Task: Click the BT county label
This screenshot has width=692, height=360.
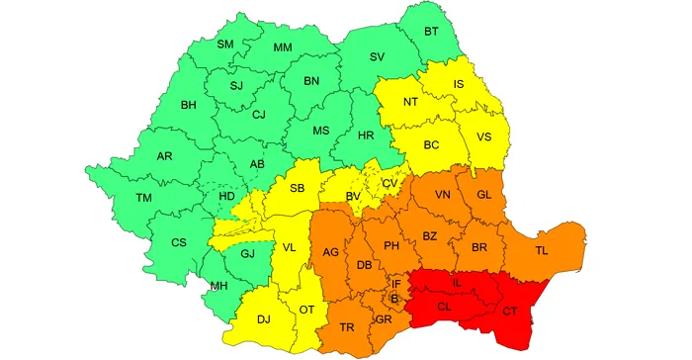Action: pos(431,33)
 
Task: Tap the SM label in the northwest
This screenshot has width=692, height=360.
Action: pos(225,45)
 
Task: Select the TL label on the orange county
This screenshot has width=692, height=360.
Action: pos(541,251)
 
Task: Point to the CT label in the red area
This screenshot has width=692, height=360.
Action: pos(510,313)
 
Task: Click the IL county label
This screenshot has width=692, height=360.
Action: pos(456,283)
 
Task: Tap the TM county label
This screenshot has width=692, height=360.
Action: pos(144,198)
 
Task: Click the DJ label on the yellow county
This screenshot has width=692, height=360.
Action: pos(263,318)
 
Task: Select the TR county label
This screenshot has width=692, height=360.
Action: pos(348,327)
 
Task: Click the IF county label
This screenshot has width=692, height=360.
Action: pos(396,283)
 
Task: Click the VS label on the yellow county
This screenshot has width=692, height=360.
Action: pos(484,136)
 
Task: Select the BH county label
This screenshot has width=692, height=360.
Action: pos(189,105)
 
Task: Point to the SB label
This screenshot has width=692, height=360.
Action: pos(298,189)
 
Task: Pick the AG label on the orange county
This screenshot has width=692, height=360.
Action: pos(330,253)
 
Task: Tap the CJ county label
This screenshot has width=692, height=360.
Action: pos(259,115)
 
